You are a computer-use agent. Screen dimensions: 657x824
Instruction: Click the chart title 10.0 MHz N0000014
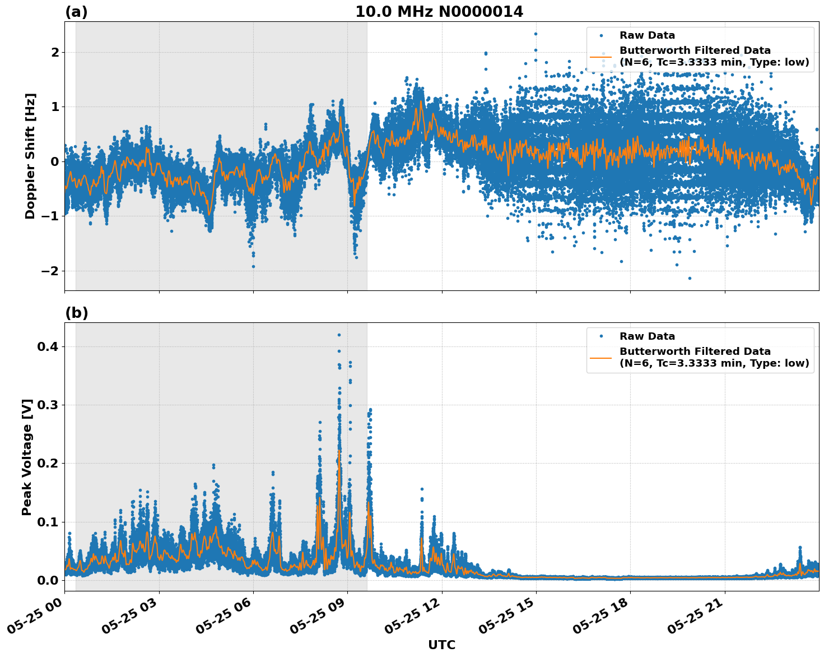(439, 12)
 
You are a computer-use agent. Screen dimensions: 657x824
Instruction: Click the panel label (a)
(76, 12)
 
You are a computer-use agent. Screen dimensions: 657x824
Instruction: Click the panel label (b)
(76, 313)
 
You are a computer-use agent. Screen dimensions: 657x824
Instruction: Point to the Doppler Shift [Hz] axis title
(30, 156)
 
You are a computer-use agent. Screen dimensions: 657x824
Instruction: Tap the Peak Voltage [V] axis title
(27, 457)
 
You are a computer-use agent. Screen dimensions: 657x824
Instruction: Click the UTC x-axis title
(441, 645)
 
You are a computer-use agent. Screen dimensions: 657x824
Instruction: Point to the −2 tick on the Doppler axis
(49, 271)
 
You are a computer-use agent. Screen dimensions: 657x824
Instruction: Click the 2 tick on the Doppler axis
(55, 53)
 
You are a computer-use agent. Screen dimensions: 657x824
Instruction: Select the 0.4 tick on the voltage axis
(48, 347)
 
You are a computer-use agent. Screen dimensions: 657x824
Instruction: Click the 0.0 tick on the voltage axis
(48, 580)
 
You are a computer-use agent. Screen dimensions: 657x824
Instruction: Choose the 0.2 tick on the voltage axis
(48, 464)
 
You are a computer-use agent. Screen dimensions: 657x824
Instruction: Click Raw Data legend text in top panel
(647, 35)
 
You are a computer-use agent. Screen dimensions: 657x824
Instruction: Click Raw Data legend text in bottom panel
(647, 336)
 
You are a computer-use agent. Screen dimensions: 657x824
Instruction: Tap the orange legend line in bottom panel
(600, 358)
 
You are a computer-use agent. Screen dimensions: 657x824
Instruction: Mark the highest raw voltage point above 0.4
(339, 335)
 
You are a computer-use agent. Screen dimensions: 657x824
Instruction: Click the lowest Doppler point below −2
(689, 278)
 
